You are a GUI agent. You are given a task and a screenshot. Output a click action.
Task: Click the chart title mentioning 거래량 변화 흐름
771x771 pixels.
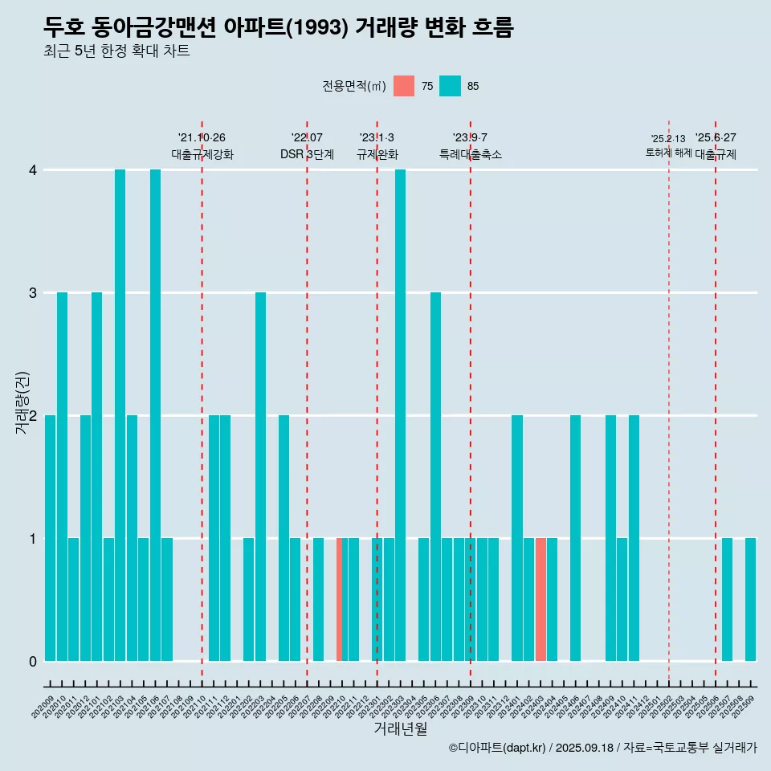278,28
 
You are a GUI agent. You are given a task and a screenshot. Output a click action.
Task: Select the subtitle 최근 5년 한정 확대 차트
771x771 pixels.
116,52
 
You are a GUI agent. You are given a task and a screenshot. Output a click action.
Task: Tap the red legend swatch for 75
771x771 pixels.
404,86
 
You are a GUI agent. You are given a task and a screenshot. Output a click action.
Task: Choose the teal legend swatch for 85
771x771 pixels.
450,86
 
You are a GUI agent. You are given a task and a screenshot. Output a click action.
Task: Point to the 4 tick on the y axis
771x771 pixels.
32,170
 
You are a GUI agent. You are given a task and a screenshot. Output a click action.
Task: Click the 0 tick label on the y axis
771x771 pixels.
32,661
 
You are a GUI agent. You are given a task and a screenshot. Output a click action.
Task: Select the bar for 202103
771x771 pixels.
120,415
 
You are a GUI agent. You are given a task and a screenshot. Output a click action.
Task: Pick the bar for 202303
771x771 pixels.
400,415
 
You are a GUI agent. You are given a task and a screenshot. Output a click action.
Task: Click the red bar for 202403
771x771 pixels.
541,599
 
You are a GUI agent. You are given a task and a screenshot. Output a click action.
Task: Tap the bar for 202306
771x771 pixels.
435,476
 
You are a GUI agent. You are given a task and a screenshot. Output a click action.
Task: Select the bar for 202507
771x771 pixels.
727,599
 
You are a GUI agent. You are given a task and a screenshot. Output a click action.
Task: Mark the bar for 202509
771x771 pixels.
750,599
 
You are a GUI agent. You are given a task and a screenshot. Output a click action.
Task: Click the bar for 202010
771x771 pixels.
62,476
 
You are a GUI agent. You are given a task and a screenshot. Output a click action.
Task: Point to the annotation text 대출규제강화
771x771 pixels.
202,155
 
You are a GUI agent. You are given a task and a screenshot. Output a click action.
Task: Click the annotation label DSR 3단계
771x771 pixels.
307,155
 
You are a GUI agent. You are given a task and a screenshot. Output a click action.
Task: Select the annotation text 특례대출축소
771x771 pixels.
471,155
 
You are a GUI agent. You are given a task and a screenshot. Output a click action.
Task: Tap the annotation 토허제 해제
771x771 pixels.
668,153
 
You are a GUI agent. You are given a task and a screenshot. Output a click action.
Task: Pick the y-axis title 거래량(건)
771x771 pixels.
22,403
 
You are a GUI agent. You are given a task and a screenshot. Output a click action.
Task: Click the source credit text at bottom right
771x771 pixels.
602,748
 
